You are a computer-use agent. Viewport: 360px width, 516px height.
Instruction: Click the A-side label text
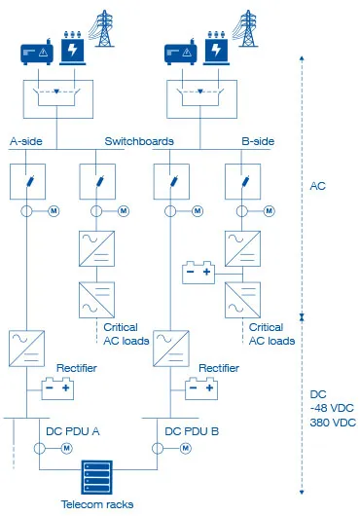coord(28,141)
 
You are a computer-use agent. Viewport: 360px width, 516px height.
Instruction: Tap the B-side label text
coord(260,141)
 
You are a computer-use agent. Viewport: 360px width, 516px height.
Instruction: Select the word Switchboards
coord(139,141)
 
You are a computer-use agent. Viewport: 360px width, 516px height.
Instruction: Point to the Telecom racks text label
coord(97,504)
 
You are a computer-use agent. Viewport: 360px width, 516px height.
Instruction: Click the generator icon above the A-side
coord(40,52)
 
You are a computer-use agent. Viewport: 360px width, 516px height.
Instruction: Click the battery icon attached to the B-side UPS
coord(200,271)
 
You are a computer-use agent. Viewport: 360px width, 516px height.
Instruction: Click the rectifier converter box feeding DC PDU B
coord(171,348)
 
